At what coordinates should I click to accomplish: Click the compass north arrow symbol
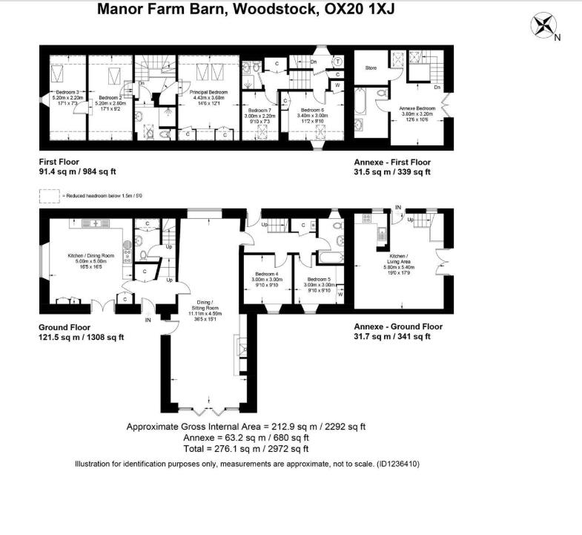545,26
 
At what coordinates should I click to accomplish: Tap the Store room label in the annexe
371,68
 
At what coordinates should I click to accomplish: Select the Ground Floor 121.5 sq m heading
81,332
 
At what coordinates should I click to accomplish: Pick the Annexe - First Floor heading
391,162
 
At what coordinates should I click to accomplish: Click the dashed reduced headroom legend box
50,196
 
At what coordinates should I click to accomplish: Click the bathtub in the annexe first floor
361,102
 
